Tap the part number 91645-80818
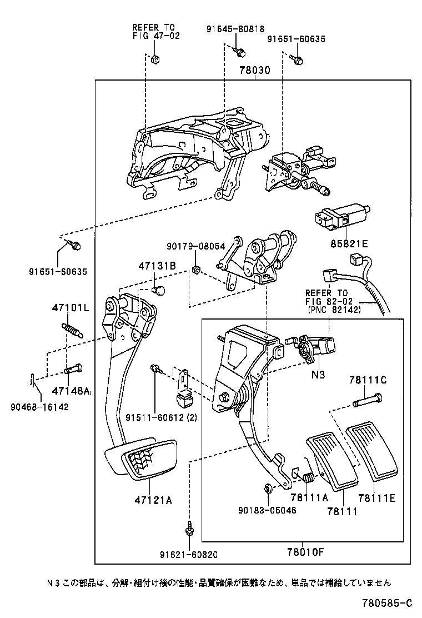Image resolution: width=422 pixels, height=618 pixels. [237, 29]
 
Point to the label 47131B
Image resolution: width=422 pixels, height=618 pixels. [157, 267]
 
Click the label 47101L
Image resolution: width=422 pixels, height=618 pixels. [71, 307]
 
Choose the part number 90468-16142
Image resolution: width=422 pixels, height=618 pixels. [39, 406]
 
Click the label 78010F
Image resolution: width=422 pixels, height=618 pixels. [305, 552]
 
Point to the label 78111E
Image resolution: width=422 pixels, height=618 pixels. [376, 498]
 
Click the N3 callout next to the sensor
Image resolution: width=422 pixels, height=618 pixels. [318, 375]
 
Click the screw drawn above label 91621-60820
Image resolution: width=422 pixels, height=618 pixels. [190, 528]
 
